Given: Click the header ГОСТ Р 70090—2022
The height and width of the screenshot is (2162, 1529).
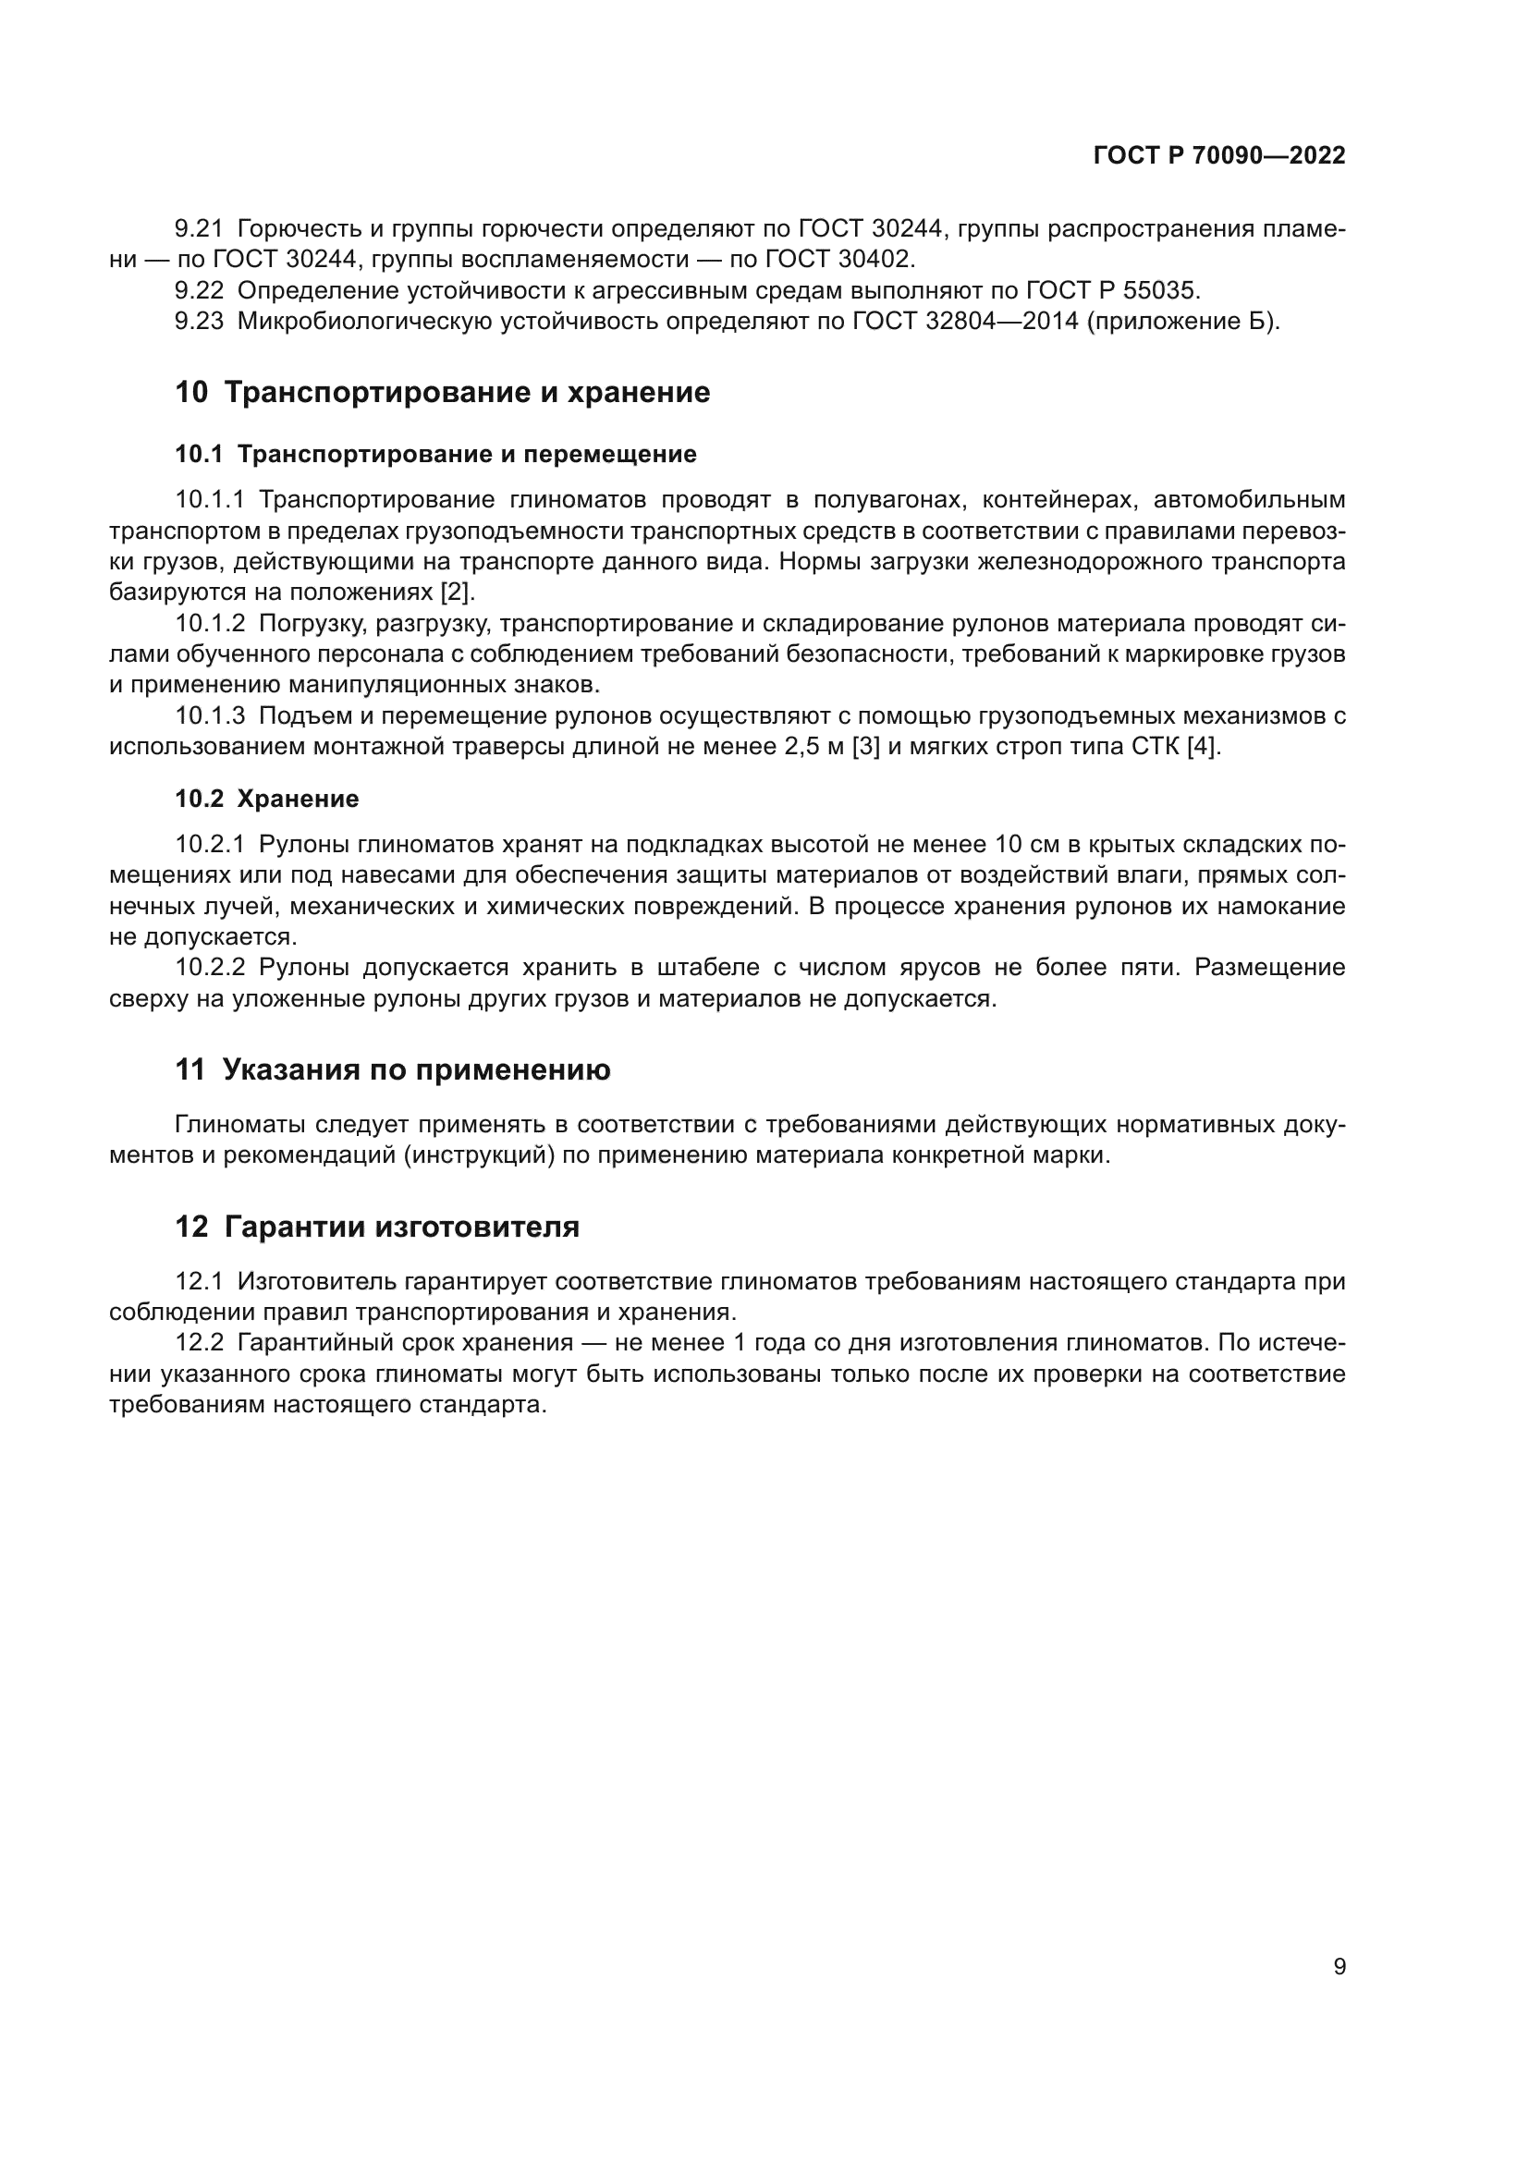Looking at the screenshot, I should coord(1219,156).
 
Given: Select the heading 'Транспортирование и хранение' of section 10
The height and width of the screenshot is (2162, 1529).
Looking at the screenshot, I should coord(466,392).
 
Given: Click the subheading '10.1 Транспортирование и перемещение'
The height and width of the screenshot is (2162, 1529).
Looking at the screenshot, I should coord(436,454).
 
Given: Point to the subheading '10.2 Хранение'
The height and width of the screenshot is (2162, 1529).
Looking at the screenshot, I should coord(266,799).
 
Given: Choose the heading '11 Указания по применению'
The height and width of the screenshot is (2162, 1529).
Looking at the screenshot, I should coord(393,1069).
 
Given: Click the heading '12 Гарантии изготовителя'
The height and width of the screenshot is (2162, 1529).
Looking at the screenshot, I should coord(376,1227).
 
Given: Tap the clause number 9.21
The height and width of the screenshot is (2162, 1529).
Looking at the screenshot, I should coord(199,229).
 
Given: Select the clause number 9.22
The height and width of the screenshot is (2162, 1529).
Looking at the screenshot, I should coord(199,290).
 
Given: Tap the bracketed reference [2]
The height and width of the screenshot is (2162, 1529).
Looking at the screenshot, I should coord(459,592).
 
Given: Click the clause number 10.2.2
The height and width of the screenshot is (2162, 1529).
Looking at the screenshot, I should coord(210,967).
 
